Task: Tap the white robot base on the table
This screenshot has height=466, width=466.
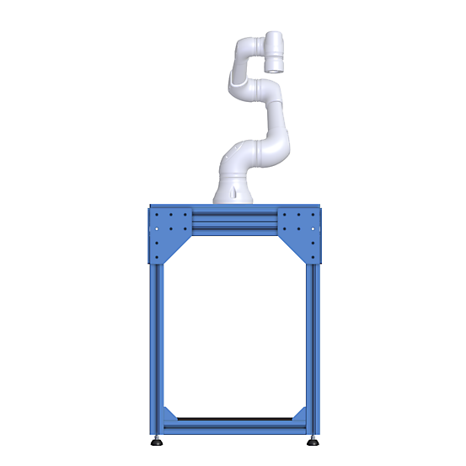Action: pos(233,190)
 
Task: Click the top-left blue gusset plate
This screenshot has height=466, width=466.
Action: pos(169,230)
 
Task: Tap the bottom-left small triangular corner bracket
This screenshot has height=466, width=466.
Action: pos(169,415)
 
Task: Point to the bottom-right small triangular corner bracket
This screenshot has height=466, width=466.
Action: pos(299,415)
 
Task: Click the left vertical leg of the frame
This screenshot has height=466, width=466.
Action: pos(156,337)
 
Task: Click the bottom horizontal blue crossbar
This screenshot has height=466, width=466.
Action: pos(234,426)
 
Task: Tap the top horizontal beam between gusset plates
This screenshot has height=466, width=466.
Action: pos(234,221)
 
